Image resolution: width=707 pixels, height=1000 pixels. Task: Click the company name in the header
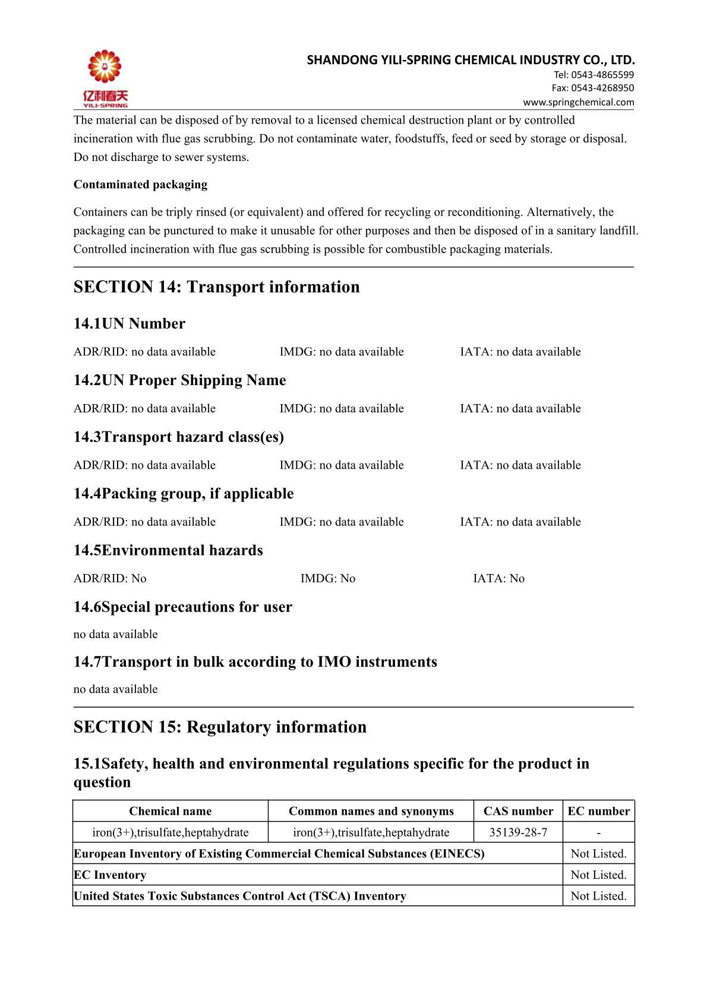tap(471, 60)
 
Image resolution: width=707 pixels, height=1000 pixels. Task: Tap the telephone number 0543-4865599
tap(594, 75)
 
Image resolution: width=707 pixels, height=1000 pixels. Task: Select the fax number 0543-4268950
tap(593, 88)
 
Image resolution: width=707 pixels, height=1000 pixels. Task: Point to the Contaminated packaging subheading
tap(140, 185)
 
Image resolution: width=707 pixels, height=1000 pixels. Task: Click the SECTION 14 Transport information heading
tap(216, 287)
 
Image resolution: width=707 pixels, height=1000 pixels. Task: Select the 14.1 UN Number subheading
tap(129, 324)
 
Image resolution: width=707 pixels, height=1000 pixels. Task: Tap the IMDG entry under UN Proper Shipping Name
tap(341, 409)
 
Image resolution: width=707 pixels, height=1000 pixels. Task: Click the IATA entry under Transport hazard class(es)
tap(520, 465)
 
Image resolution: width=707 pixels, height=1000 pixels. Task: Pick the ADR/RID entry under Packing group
tap(144, 522)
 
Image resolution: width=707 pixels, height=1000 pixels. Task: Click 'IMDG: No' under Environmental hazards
tap(327, 579)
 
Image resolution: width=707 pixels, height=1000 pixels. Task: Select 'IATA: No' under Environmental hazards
tap(498, 579)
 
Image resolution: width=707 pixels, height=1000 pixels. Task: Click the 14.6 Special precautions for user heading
tap(182, 607)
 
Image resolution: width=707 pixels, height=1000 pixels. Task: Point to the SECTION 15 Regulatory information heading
tap(220, 727)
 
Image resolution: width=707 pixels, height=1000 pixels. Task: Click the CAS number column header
tap(518, 812)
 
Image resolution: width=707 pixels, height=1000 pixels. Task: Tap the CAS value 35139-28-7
tap(518, 832)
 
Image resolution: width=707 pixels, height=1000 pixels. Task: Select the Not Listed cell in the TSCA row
tap(598, 896)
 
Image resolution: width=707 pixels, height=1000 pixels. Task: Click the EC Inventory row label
tap(110, 875)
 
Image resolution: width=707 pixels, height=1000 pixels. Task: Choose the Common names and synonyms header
tap(371, 812)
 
